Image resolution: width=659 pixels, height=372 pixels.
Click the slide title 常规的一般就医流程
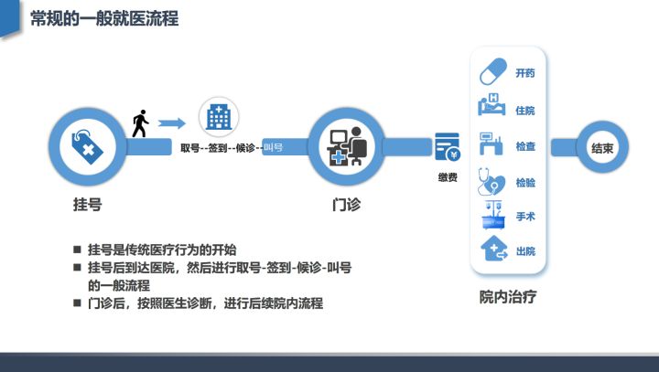[104, 18]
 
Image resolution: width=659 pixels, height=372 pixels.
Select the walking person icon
[140, 123]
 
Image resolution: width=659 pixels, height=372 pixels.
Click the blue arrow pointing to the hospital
[172, 123]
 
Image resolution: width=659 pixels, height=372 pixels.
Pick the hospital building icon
[219, 116]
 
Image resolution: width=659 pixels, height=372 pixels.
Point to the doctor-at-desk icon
[347, 146]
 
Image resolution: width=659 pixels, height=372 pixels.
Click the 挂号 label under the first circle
[88, 205]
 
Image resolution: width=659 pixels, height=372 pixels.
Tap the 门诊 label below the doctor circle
[346, 205]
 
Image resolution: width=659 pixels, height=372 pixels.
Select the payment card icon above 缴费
[448, 147]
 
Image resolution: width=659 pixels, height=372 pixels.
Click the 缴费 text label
[448, 177]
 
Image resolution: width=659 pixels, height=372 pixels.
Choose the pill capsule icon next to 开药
[493, 71]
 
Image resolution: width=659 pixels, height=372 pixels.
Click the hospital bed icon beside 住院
[492, 104]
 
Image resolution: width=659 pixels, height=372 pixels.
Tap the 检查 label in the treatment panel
[525, 146]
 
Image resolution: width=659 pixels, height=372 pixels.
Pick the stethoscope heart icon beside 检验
[492, 181]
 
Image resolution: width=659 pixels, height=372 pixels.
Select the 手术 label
[525, 217]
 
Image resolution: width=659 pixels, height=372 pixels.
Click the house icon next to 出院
[494, 249]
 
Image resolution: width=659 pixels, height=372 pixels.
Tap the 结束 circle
[602, 147]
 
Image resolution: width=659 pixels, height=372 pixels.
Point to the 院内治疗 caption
[508, 297]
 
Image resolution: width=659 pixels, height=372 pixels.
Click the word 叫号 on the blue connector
[273, 147]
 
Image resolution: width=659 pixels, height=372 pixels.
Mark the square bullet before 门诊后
[77, 303]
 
